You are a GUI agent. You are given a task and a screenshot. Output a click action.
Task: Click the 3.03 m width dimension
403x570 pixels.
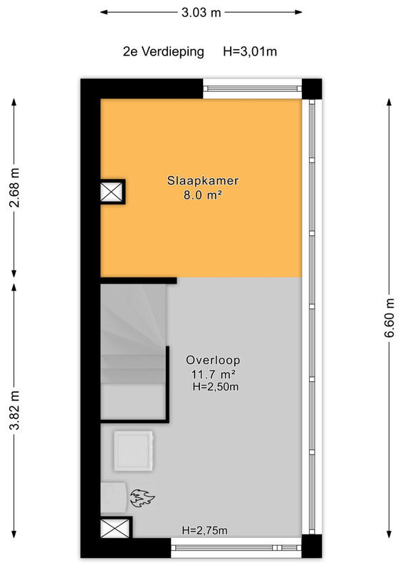pos(201,13)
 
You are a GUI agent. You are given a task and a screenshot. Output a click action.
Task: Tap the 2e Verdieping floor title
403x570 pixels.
pos(164,51)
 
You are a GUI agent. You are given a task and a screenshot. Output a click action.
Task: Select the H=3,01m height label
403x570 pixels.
pos(250,51)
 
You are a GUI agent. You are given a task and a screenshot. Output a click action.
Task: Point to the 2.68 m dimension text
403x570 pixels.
pos(14,187)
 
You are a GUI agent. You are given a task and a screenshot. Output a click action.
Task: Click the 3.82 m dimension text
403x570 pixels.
pos(14,410)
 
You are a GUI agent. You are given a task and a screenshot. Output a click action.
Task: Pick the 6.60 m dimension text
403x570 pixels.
pos(389,318)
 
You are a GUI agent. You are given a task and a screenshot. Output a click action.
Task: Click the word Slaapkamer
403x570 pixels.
pos(203,180)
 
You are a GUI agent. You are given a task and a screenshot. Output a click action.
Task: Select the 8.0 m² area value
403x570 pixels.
pos(203,195)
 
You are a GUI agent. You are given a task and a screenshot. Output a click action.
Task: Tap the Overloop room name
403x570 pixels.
pos(213,360)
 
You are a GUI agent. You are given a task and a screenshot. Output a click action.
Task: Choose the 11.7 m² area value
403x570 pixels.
pos(213,373)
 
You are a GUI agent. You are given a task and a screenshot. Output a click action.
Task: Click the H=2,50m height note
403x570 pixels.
pos(216,386)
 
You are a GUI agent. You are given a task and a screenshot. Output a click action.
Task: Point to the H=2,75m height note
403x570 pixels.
pos(204,530)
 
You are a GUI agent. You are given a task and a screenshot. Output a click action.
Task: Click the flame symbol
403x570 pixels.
pos(142,498)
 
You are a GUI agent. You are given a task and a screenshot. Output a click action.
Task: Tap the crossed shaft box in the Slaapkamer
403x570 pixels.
pos(112,192)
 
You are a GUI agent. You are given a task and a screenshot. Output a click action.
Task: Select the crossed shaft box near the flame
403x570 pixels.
pos(115,528)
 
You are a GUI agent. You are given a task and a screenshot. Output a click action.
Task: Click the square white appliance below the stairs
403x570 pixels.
pos(133,451)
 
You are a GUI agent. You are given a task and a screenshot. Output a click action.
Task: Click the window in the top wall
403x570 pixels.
pos(252,88)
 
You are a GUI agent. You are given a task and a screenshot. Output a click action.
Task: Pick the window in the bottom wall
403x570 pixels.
pos(236,547)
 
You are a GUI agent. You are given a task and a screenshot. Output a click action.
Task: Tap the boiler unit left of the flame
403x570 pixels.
pos(113,497)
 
